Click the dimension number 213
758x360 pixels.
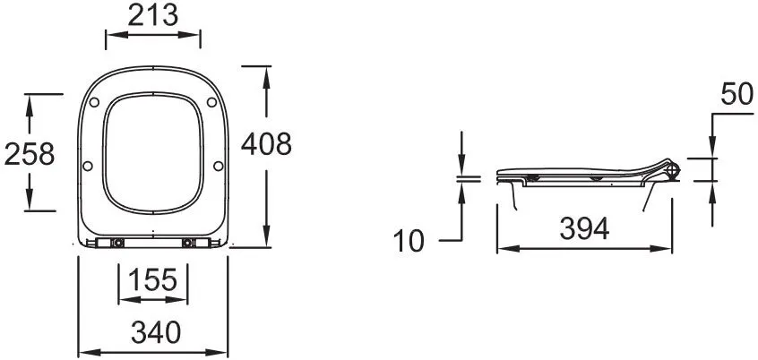(x=153, y=15)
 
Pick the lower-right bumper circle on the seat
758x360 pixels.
(x=220, y=167)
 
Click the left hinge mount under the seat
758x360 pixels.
(x=117, y=243)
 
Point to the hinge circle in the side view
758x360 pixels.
(x=673, y=168)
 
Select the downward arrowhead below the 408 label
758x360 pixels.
(x=266, y=237)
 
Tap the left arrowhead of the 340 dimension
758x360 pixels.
(x=84, y=351)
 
